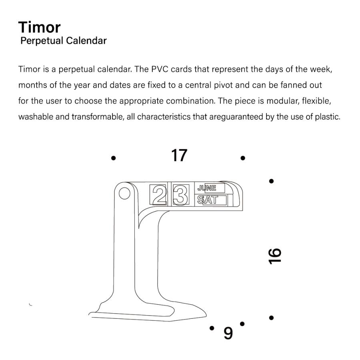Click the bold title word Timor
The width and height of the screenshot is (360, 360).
point(39,27)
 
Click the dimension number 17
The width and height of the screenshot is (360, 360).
point(179,156)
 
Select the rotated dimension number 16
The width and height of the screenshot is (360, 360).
point(275,256)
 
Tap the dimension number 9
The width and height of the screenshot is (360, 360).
point(228,333)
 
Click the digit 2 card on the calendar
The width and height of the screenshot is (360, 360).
point(160,195)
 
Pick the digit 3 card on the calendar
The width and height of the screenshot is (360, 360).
point(181,195)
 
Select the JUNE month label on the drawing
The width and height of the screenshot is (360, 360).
point(207,188)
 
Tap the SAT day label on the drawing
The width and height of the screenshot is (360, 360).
point(208,200)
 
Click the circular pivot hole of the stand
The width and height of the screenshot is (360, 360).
point(124,194)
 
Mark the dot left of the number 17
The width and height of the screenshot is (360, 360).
point(114,158)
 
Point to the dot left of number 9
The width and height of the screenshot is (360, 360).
point(212,328)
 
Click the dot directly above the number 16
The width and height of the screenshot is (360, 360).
point(271,181)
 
